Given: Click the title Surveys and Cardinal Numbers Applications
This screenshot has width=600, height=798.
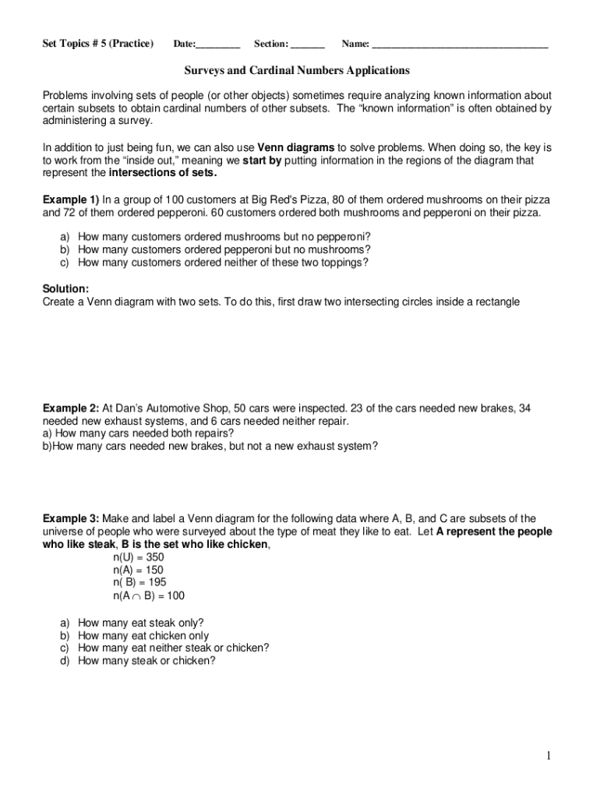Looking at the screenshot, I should [296, 71].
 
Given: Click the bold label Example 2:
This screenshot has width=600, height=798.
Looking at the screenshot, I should [70, 408].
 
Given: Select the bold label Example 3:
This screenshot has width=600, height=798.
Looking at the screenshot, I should [70, 519].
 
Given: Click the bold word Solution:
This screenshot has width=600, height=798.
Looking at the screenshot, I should [65, 288].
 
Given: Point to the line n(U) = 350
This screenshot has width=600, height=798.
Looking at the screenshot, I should [138, 557].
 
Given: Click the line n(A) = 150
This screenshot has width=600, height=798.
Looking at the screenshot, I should [138, 570].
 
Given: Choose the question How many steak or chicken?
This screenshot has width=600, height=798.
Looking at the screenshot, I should [146, 661].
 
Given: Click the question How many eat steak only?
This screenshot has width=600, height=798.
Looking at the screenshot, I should [141, 623].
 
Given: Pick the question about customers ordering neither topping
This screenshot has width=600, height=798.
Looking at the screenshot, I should [223, 263].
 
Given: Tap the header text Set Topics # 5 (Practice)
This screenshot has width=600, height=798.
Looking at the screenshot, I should [97, 44].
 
